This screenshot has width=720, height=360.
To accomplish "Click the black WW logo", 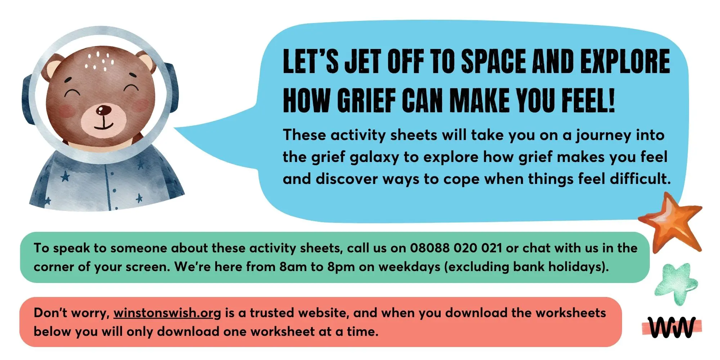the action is point(672,327).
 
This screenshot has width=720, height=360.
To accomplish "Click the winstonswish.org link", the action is point(167,313).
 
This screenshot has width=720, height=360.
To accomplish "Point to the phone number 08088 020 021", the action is point(456,248).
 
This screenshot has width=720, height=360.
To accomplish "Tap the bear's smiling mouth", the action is point(104,124).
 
